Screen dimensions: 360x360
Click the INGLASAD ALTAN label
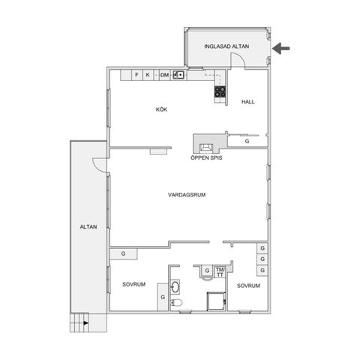pos(226,46)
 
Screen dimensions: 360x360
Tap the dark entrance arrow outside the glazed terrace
pos(280,48)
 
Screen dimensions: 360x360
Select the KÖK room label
pos(161,109)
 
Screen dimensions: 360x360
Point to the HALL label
pos(248,102)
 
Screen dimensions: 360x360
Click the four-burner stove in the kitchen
pos(220,91)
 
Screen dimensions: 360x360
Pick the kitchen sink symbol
pos(178,74)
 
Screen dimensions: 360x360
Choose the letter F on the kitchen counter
pos(136,75)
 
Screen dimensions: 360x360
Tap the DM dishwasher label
pos(164,75)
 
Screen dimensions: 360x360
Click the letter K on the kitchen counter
pos(148,75)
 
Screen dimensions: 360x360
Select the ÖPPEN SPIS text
pos(206,158)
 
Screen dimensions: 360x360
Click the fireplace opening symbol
pos(206,148)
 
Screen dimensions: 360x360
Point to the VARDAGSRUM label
pos(187,195)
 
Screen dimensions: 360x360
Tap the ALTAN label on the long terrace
pos(88,227)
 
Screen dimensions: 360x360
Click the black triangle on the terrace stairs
pos(86,323)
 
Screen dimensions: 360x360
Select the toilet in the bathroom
pos(176,303)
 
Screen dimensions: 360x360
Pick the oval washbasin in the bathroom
pos(175,286)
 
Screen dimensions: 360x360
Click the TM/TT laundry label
pos(220,272)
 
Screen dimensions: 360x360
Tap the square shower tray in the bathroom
pos(216,301)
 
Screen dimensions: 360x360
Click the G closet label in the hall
pos(247,141)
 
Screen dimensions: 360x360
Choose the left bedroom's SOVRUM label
pos(134,284)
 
